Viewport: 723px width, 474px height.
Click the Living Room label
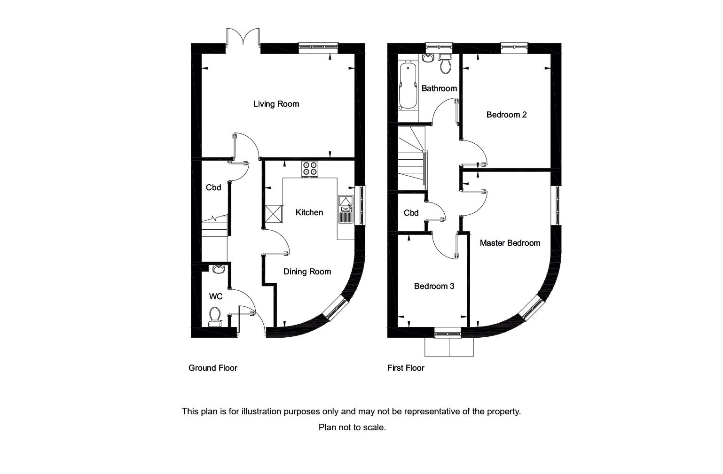click(x=276, y=104)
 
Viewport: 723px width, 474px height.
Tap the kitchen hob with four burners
click(x=310, y=169)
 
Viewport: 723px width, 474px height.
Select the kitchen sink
click(x=346, y=209)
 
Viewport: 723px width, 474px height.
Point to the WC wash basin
click(x=218, y=269)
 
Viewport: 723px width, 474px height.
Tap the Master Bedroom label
click(x=510, y=243)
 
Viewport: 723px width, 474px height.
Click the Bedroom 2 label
click(x=506, y=115)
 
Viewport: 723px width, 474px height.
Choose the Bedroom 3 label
click(x=434, y=286)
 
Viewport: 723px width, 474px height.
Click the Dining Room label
click(x=307, y=272)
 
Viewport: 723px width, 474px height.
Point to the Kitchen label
click(x=309, y=212)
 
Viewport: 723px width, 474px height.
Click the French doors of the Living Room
click(x=244, y=38)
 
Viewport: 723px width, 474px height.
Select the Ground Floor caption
click(x=212, y=368)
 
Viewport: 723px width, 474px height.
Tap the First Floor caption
click(x=406, y=368)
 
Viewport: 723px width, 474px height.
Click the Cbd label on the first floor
click(x=411, y=213)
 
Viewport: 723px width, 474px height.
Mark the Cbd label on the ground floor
click(x=213, y=187)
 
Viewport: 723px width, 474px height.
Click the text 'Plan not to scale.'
click(x=352, y=427)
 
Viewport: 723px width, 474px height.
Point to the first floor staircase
click(x=412, y=157)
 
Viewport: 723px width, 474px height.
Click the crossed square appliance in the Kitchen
click(x=274, y=214)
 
